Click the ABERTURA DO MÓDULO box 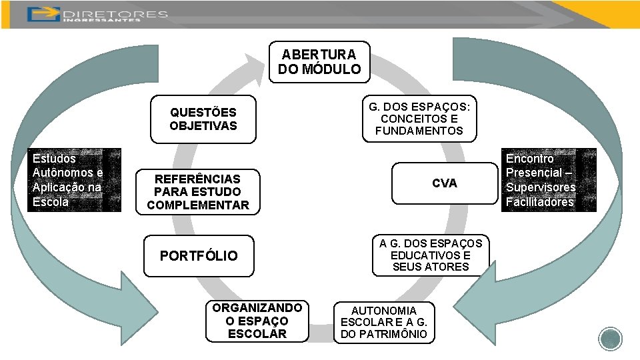click(x=319, y=62)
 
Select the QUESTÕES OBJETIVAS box click(x=203, y=119)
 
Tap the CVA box click(x=444, y=183)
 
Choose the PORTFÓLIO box click(x=199, y=256)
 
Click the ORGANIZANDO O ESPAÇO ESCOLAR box click(x=257, y=321)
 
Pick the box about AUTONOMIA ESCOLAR click(x=384, y=323)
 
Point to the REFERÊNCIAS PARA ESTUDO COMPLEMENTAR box click(x=197, y=192)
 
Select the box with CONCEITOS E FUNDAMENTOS click(x=419, y=119)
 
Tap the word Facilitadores click(x=539, y=202)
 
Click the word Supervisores click(x=540, y=187)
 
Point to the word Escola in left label click(x=51, y=202)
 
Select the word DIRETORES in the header click(x=114, y=13)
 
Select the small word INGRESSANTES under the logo click(x=102, y=20)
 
